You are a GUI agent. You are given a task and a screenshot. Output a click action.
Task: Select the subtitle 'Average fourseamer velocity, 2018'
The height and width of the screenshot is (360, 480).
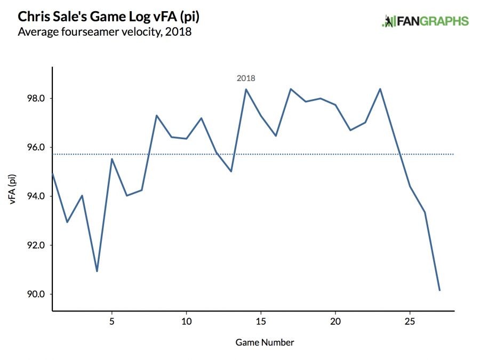point(105,32)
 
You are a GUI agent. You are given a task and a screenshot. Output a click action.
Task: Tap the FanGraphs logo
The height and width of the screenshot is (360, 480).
point(425,21)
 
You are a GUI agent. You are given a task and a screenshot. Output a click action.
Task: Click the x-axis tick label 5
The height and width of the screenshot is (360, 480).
point(111,322)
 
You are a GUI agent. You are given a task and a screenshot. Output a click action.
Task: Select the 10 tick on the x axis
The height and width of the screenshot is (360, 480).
point(186,322)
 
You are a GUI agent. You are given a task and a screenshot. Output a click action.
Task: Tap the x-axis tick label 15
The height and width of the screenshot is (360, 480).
point(261,322)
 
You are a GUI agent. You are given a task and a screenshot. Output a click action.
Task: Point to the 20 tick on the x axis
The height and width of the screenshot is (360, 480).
point(335,322)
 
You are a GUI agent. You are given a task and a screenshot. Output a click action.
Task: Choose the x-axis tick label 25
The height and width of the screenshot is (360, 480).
point(410,322)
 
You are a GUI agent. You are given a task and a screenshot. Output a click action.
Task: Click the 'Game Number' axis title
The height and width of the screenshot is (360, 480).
point(265,342)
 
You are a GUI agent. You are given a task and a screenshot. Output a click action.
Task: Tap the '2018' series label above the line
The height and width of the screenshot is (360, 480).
point(246,78)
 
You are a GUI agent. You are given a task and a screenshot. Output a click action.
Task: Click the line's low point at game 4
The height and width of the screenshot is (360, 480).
point(97,271)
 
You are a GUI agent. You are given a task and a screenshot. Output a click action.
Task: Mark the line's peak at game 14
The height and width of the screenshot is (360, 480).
point(246,89)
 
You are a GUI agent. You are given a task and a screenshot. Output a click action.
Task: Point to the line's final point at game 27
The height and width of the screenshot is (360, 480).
point(439,290)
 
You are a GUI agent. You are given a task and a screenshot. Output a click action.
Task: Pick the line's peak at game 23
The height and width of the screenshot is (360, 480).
point(380,89)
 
